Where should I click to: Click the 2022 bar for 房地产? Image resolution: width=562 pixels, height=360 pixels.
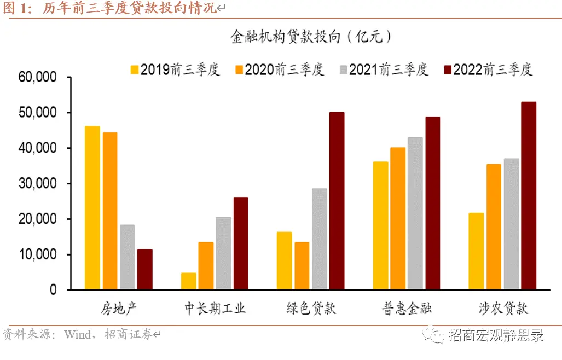(145, 269)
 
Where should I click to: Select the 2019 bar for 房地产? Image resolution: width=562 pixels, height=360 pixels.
(92, 208)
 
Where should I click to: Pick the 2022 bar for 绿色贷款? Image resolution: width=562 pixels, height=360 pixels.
(337, 201)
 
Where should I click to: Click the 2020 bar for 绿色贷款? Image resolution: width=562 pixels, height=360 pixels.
(302, 266)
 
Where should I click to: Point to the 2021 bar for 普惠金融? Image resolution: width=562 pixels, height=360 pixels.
(415, 213)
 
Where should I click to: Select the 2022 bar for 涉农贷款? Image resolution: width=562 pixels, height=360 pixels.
(529, 196)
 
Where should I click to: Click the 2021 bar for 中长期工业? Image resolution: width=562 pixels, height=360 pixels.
(223, 253)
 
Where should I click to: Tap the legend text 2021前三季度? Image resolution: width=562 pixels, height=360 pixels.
(389, 69)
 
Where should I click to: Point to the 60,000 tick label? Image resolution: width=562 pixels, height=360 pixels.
(38, 77)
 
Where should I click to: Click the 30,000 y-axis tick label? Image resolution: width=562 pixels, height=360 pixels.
(38, 184)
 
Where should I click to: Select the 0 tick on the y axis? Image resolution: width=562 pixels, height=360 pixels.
(53, 290)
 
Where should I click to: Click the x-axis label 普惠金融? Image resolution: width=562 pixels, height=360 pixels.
(406, 308)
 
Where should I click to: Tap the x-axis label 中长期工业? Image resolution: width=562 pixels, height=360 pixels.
(215, 308)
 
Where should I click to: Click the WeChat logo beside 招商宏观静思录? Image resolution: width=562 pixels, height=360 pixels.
(436, 334)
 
